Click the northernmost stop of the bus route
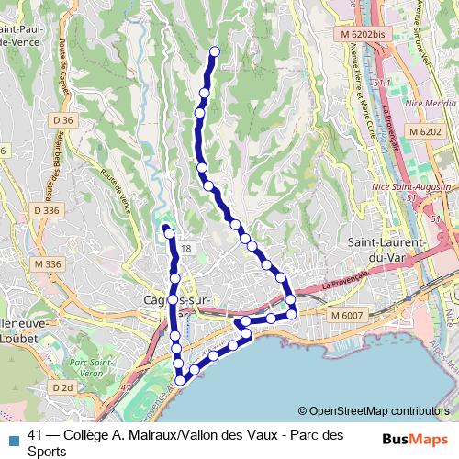click(x=215, y=51)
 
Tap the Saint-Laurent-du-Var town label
click(x=386, y=250)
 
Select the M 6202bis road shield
click(x=353, y=34)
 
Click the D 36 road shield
click(x=62, y=120)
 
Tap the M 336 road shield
click(x=47, y=264)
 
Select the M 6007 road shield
click(x=347, y=316)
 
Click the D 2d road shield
click(x=62, y=387)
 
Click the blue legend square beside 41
click(x=13, y=437)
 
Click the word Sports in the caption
click(x=48, y=452)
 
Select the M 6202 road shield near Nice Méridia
click(x=425, y=132)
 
